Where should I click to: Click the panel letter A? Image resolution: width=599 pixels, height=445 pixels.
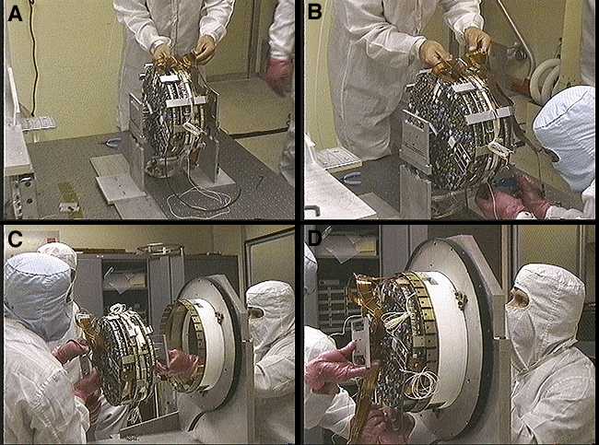[x=16, y=14]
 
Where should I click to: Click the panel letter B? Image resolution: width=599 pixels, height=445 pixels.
[x=314, y=12]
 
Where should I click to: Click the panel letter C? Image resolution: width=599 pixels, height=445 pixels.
[x=15, y=239]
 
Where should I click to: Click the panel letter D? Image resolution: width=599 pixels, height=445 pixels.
[x=315, y=239]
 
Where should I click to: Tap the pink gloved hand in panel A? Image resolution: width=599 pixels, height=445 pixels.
[x=279, y=75]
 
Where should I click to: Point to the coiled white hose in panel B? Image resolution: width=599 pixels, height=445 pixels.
[x=544, y=80]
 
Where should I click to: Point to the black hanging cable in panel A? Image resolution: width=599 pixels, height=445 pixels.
[x=34, y=57]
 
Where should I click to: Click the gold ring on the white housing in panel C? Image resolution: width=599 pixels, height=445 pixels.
[x=182, y=345]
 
